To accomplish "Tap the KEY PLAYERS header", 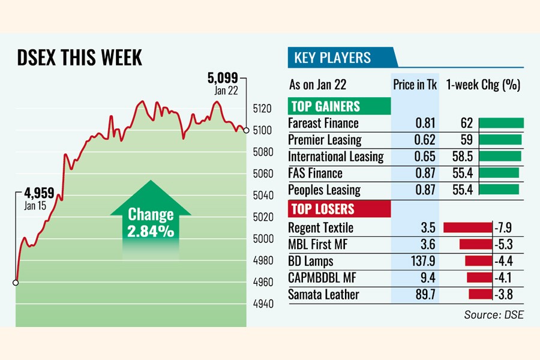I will click(x=332, y=58).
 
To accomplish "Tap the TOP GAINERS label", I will click(x=325, y=107).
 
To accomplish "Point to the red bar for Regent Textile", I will click(x=467, y=228).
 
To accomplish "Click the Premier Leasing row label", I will click(x=325, y=140).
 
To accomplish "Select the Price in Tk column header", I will click(x=415, y=85).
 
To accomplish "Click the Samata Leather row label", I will click(x=323, y=295).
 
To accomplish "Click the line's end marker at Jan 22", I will click(x=246, y=130).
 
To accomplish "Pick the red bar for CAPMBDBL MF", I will click(x=479, y=278).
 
